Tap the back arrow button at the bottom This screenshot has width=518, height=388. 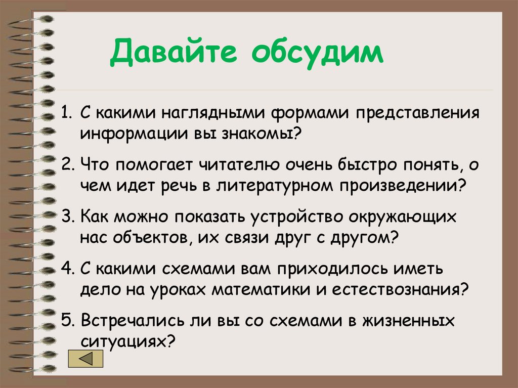(x=85, y=359)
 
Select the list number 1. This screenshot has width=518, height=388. (x=66, y=112)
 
